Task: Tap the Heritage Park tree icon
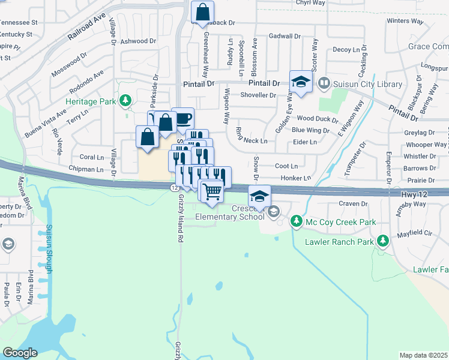125,101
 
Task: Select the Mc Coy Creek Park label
340,223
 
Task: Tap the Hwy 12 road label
417,195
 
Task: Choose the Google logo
20,353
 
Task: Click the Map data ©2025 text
423,355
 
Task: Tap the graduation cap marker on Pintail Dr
301,82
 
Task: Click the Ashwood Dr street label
138,41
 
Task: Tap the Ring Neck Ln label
252,140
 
